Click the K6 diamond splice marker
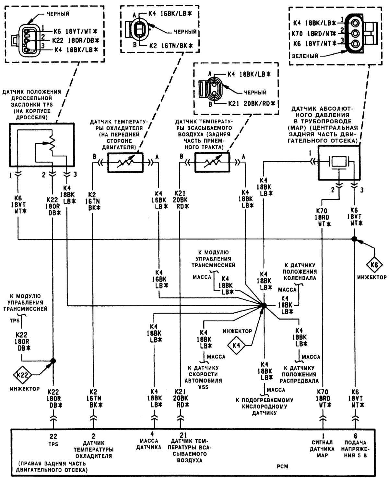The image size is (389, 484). tap(374, 265)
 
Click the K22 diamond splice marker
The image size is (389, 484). tap(22, 375)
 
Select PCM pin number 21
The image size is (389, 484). tap(180, 434)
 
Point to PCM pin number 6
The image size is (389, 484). tap(356, 436)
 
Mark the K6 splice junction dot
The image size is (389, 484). tap(354, 239)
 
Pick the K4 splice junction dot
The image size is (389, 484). tap(264, 305)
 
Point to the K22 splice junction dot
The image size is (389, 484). tap(53, 361)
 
